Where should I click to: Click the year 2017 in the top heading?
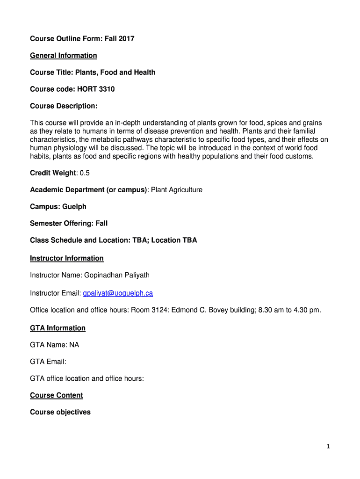125,39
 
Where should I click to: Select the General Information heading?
64,56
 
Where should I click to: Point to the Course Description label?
64,106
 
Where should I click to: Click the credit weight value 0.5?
85,173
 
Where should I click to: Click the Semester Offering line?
69,224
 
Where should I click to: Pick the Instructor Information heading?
67,258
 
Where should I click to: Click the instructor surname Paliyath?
133,275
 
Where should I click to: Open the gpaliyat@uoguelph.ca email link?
118,293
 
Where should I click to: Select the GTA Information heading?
58,328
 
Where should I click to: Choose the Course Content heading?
56,395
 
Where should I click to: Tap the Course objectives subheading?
60,412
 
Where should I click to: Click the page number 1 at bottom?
328,446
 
